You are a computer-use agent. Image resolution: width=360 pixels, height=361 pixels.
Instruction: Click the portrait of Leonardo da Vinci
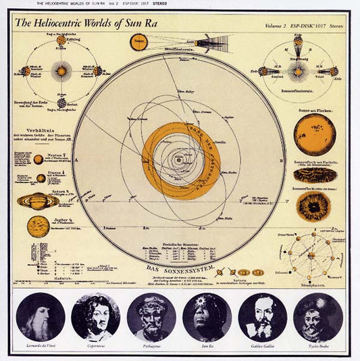41,316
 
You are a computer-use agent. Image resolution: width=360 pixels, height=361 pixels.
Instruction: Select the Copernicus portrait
95,316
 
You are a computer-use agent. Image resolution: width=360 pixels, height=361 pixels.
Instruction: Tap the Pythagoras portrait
151,316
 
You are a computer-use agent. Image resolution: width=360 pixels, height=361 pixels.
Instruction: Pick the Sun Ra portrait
207,316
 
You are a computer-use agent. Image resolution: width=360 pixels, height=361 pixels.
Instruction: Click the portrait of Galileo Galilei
262,316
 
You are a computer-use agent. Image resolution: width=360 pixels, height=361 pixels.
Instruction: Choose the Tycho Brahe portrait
317,316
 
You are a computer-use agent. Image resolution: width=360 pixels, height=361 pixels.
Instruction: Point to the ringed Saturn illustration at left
38,201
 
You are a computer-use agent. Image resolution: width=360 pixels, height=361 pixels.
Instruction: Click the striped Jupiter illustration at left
38,226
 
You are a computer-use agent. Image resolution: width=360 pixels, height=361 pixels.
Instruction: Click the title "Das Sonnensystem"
180,268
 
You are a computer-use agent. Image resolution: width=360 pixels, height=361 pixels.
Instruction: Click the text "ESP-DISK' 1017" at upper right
311,27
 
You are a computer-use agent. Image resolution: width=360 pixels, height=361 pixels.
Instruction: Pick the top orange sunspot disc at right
315,132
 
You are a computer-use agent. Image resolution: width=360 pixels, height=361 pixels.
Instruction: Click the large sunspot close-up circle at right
315,206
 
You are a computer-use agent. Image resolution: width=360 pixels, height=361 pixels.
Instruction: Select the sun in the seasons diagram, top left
61,70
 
